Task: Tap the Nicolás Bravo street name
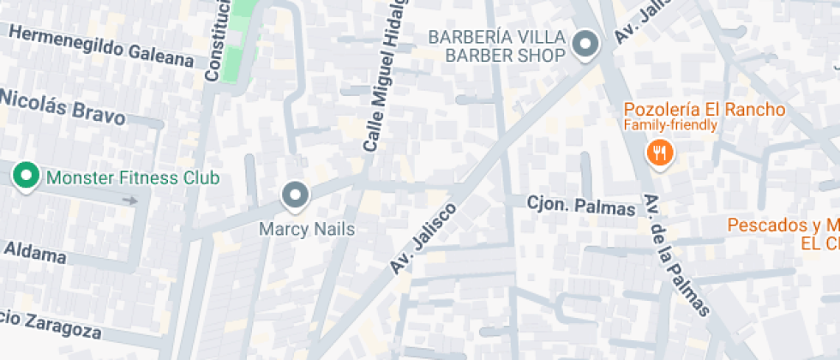point(62,106)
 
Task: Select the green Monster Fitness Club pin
point(27,177)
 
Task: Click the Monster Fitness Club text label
point(133,178)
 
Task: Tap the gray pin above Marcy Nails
point(296,195)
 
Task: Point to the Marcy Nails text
point(307,230)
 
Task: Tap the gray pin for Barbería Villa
point(585,44)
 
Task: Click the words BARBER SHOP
point(505,56)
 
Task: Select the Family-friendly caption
point(669,126)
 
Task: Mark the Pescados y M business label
point(783,225)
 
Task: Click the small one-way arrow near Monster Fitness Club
point(129,201)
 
